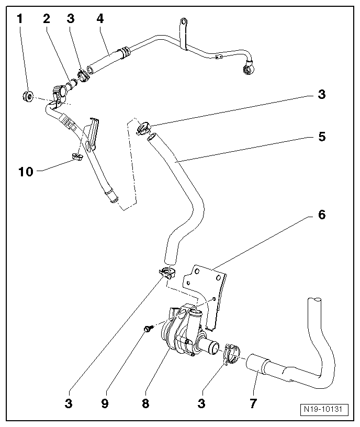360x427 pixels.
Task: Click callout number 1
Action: pos(20,19)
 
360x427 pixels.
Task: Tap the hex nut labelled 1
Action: pos(29,95)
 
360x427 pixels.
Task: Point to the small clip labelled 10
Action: pos(76,156)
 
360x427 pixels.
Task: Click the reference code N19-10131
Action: pos(325,409)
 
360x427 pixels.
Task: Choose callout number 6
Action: pos(321,215)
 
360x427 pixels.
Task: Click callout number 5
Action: pos(321,137)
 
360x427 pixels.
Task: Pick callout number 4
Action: pos(100,19)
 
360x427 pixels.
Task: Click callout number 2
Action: pos(47,19)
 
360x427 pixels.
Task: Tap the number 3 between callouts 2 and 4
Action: pos(71,19)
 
